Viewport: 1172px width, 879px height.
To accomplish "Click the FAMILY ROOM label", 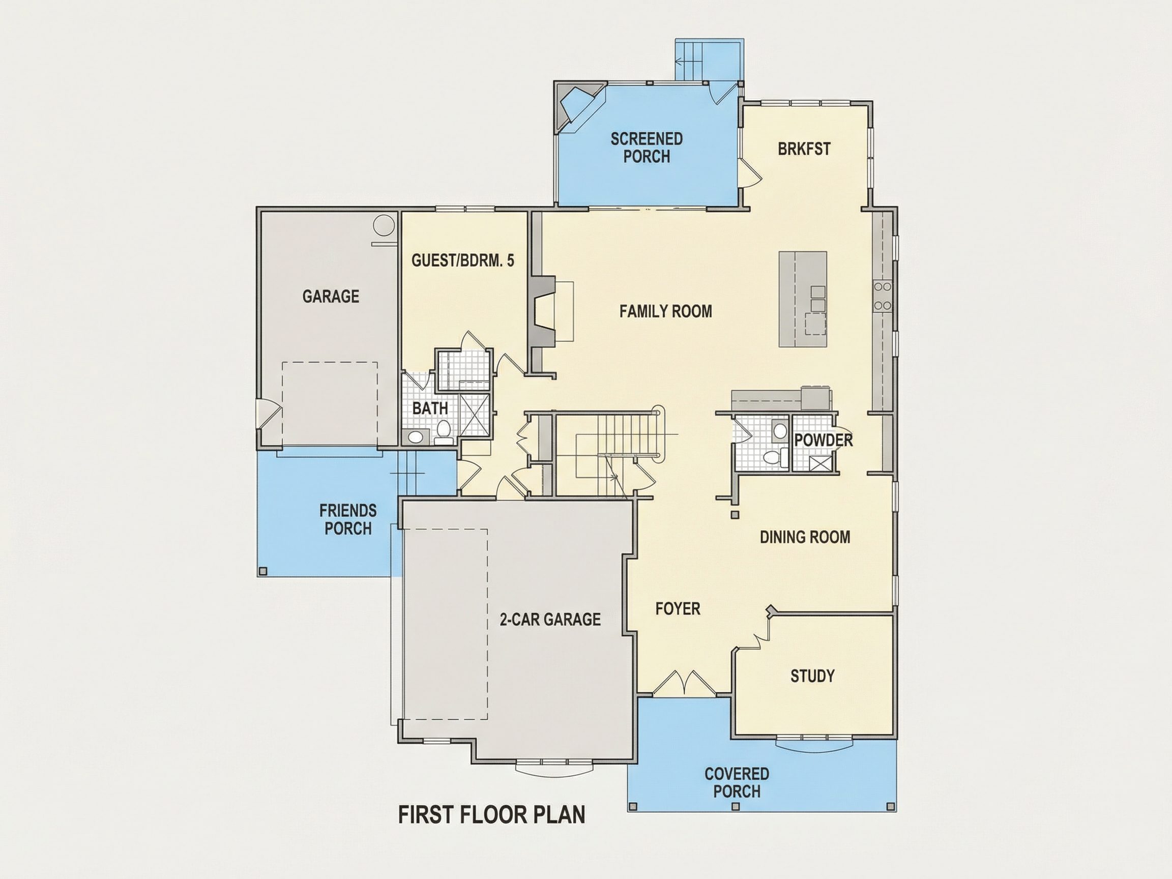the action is tap(665, 311).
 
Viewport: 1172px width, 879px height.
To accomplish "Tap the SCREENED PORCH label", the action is tap(647, 148).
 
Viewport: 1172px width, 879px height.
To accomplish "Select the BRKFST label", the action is tap(804, 149).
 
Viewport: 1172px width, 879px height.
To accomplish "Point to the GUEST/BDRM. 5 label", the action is tap(462, 260).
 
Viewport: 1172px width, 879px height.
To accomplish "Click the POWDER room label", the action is tap(824, 441).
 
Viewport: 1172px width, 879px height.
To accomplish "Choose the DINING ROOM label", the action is tap(805, 537).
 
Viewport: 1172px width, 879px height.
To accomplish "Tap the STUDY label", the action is tap(812, 676).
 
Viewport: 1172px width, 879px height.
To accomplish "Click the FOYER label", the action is tap(678, 609).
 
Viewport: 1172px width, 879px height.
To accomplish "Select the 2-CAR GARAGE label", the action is tap(550, 620).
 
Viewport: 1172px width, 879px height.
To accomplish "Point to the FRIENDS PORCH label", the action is tap(347, 519).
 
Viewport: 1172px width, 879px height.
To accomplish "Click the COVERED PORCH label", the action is tap(737, 782).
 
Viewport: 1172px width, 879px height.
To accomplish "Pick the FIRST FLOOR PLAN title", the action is tap(492, 815).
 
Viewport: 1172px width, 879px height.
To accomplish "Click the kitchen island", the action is tap(803, 299).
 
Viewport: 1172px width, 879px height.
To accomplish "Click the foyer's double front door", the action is tap(684, 684).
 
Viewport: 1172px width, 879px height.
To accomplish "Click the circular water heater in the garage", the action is tap(384, 226).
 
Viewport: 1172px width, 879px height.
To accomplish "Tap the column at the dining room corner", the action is tap(735, 514).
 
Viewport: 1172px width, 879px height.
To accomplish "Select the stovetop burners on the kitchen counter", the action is tap(883, 296).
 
